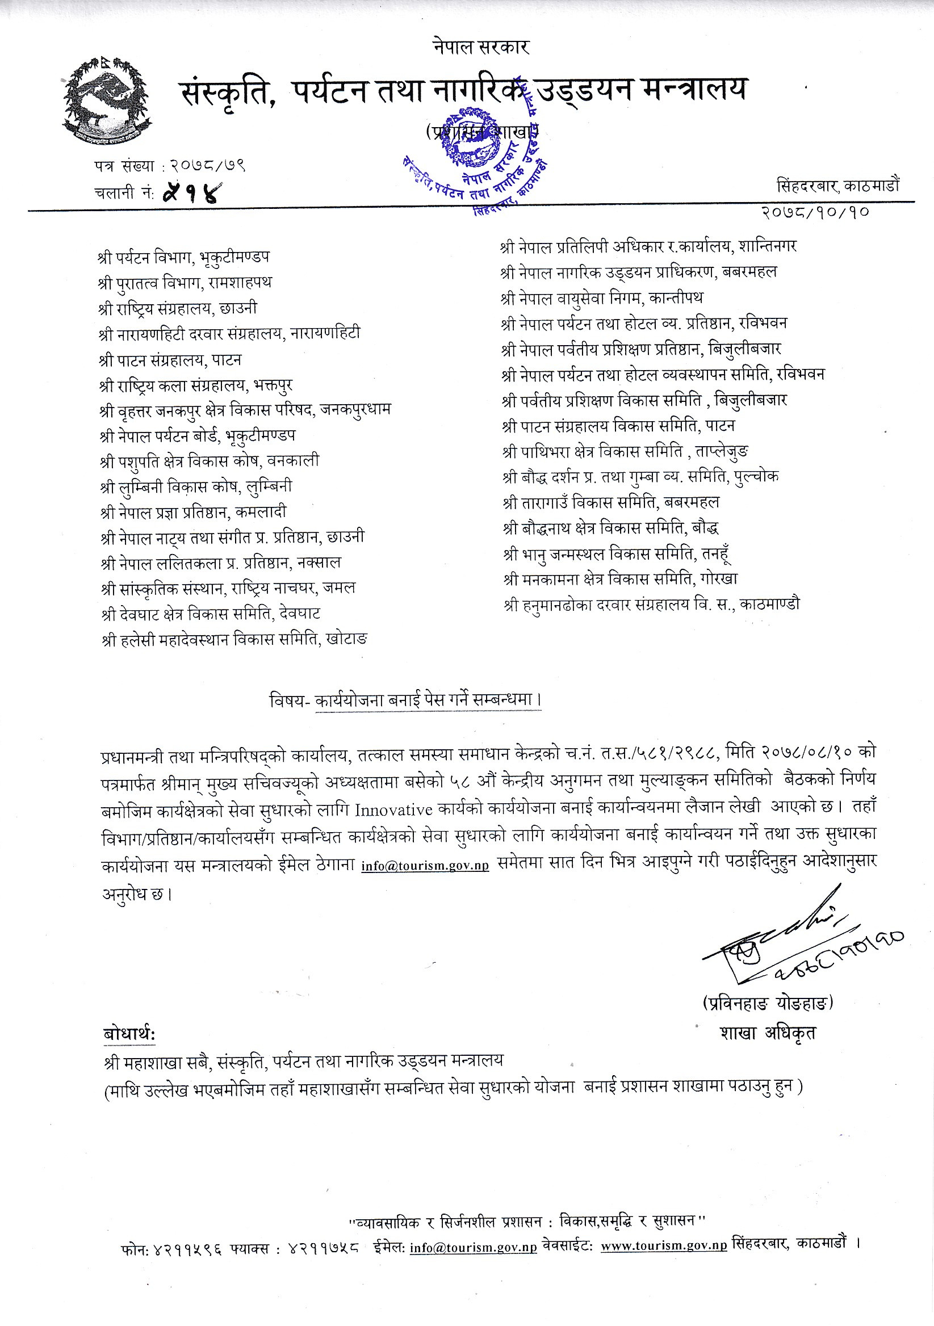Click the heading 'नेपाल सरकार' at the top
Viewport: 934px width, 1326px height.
point(480,47)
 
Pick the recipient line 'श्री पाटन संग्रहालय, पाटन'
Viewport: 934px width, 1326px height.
point(170,360)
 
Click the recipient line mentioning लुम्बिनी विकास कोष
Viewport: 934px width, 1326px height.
point(196,487)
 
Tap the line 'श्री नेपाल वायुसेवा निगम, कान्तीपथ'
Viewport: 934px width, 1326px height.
point(602,298)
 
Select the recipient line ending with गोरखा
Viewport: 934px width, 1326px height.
point(620,578)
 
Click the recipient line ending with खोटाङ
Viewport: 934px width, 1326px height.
point(234,639)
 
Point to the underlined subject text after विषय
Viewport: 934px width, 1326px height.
point(428,700)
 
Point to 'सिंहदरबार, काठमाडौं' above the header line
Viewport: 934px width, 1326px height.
point(837,186)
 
